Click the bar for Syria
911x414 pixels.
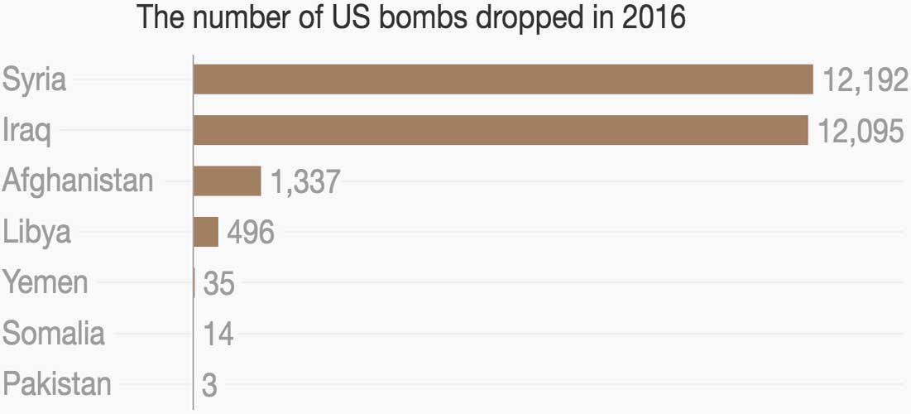503,79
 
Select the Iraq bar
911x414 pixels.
501,130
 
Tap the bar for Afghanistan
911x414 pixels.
227,181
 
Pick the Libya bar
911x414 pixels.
205,232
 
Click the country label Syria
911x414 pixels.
34,80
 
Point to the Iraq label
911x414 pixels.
26,132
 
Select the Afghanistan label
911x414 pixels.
78,181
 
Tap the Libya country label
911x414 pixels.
36,233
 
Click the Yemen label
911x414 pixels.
45,282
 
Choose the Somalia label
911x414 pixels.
54,334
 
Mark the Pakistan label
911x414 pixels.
56,384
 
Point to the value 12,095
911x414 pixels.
860,132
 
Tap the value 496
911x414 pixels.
250,233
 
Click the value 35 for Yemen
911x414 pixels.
218,284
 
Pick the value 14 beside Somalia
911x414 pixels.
218,335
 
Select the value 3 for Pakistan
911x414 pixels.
209,386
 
